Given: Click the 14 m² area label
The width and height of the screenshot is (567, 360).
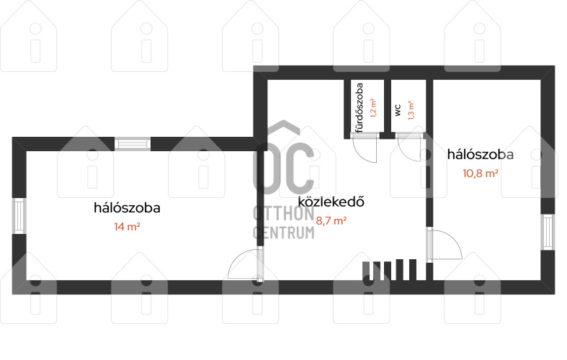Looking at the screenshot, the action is click(127, 227).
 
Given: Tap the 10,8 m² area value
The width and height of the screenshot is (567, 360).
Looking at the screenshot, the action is click(481, 173).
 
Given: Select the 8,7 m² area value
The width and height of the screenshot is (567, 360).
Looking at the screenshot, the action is click(331, 220).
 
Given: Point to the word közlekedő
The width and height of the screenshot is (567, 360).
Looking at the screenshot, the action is click(331, 202).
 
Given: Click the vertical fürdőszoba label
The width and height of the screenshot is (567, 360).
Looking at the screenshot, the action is click(359, 108).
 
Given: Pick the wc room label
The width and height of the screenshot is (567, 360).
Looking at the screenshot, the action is click(398, 110).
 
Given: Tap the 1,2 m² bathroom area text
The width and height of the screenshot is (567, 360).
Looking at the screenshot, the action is click(373, 109).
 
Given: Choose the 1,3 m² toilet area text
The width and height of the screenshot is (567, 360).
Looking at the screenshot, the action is click(411, 110).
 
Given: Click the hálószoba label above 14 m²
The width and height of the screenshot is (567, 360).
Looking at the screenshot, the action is click(127, 208).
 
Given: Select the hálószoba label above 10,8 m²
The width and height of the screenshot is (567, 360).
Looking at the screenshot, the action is click(481, 154).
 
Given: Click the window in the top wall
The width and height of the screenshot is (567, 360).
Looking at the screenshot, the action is click(133, 144).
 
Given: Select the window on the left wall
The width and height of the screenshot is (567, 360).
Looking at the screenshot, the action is click(19, 216).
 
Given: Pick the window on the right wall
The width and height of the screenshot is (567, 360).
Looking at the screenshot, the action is click(548, 232).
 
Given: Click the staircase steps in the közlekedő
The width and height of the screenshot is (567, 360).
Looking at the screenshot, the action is click(390, 269).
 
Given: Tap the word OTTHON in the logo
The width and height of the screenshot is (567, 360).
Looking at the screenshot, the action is click(284, 214).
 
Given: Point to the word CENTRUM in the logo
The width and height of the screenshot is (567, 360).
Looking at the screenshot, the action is click(284, 233).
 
